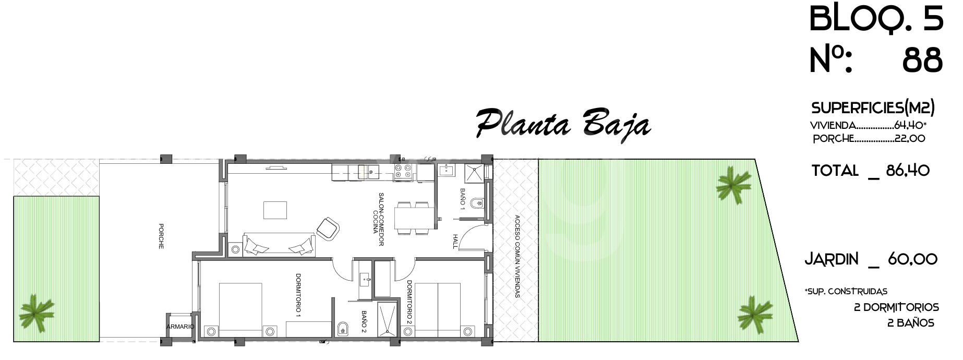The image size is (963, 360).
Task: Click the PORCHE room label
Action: point(161,236)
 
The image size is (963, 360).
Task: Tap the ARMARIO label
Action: point(180,327)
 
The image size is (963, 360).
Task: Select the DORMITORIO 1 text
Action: point(298,295)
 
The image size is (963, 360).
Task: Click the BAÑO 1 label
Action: point(462,199)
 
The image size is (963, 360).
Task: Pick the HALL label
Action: point(455,241)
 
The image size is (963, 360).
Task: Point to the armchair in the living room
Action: point(328,228)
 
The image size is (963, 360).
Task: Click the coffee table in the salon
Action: point(275,210)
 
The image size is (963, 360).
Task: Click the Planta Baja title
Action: point(563,124)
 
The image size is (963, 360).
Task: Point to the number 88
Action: point(922,61)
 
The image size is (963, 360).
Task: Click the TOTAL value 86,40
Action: point(908,171)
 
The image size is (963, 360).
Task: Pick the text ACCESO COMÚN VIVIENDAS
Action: point(517,256)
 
